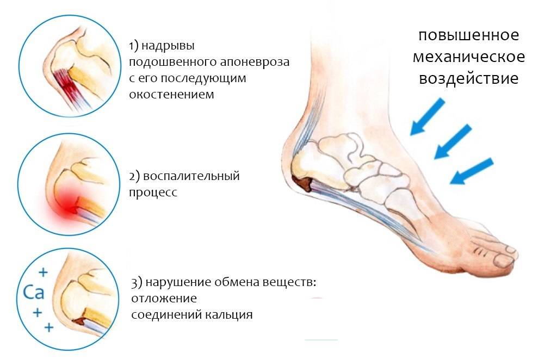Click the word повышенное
click(468, 35)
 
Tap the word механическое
click(468, 57)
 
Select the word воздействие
click(468, 78)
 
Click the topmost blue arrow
click(428, 117)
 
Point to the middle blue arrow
click(453, 141)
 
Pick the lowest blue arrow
click(472, 171)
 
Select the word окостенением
click(171, 95)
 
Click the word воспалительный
click(191, 176)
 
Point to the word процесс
click(153, 193)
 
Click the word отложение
click(164, 298)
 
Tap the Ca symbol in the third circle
click(34, 292)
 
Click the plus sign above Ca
click(43, 272)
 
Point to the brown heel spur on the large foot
click(302, 184)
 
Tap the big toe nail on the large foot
click(504, 262)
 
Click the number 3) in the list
click(137, 283)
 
